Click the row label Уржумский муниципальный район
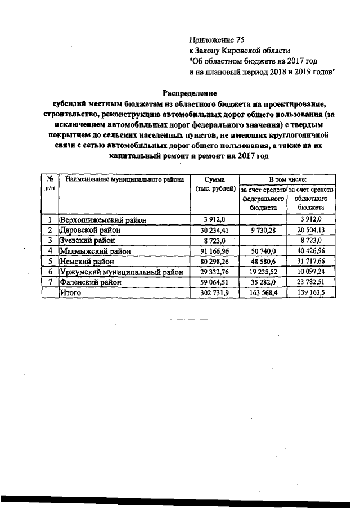[x=121, y=272]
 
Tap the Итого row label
[x=71, y=293]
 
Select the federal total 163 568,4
[x=263, y=293]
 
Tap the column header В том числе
[x=287, y=179]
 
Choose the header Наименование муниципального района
[x=124, y=179]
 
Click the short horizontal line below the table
[x=188, y=319]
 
